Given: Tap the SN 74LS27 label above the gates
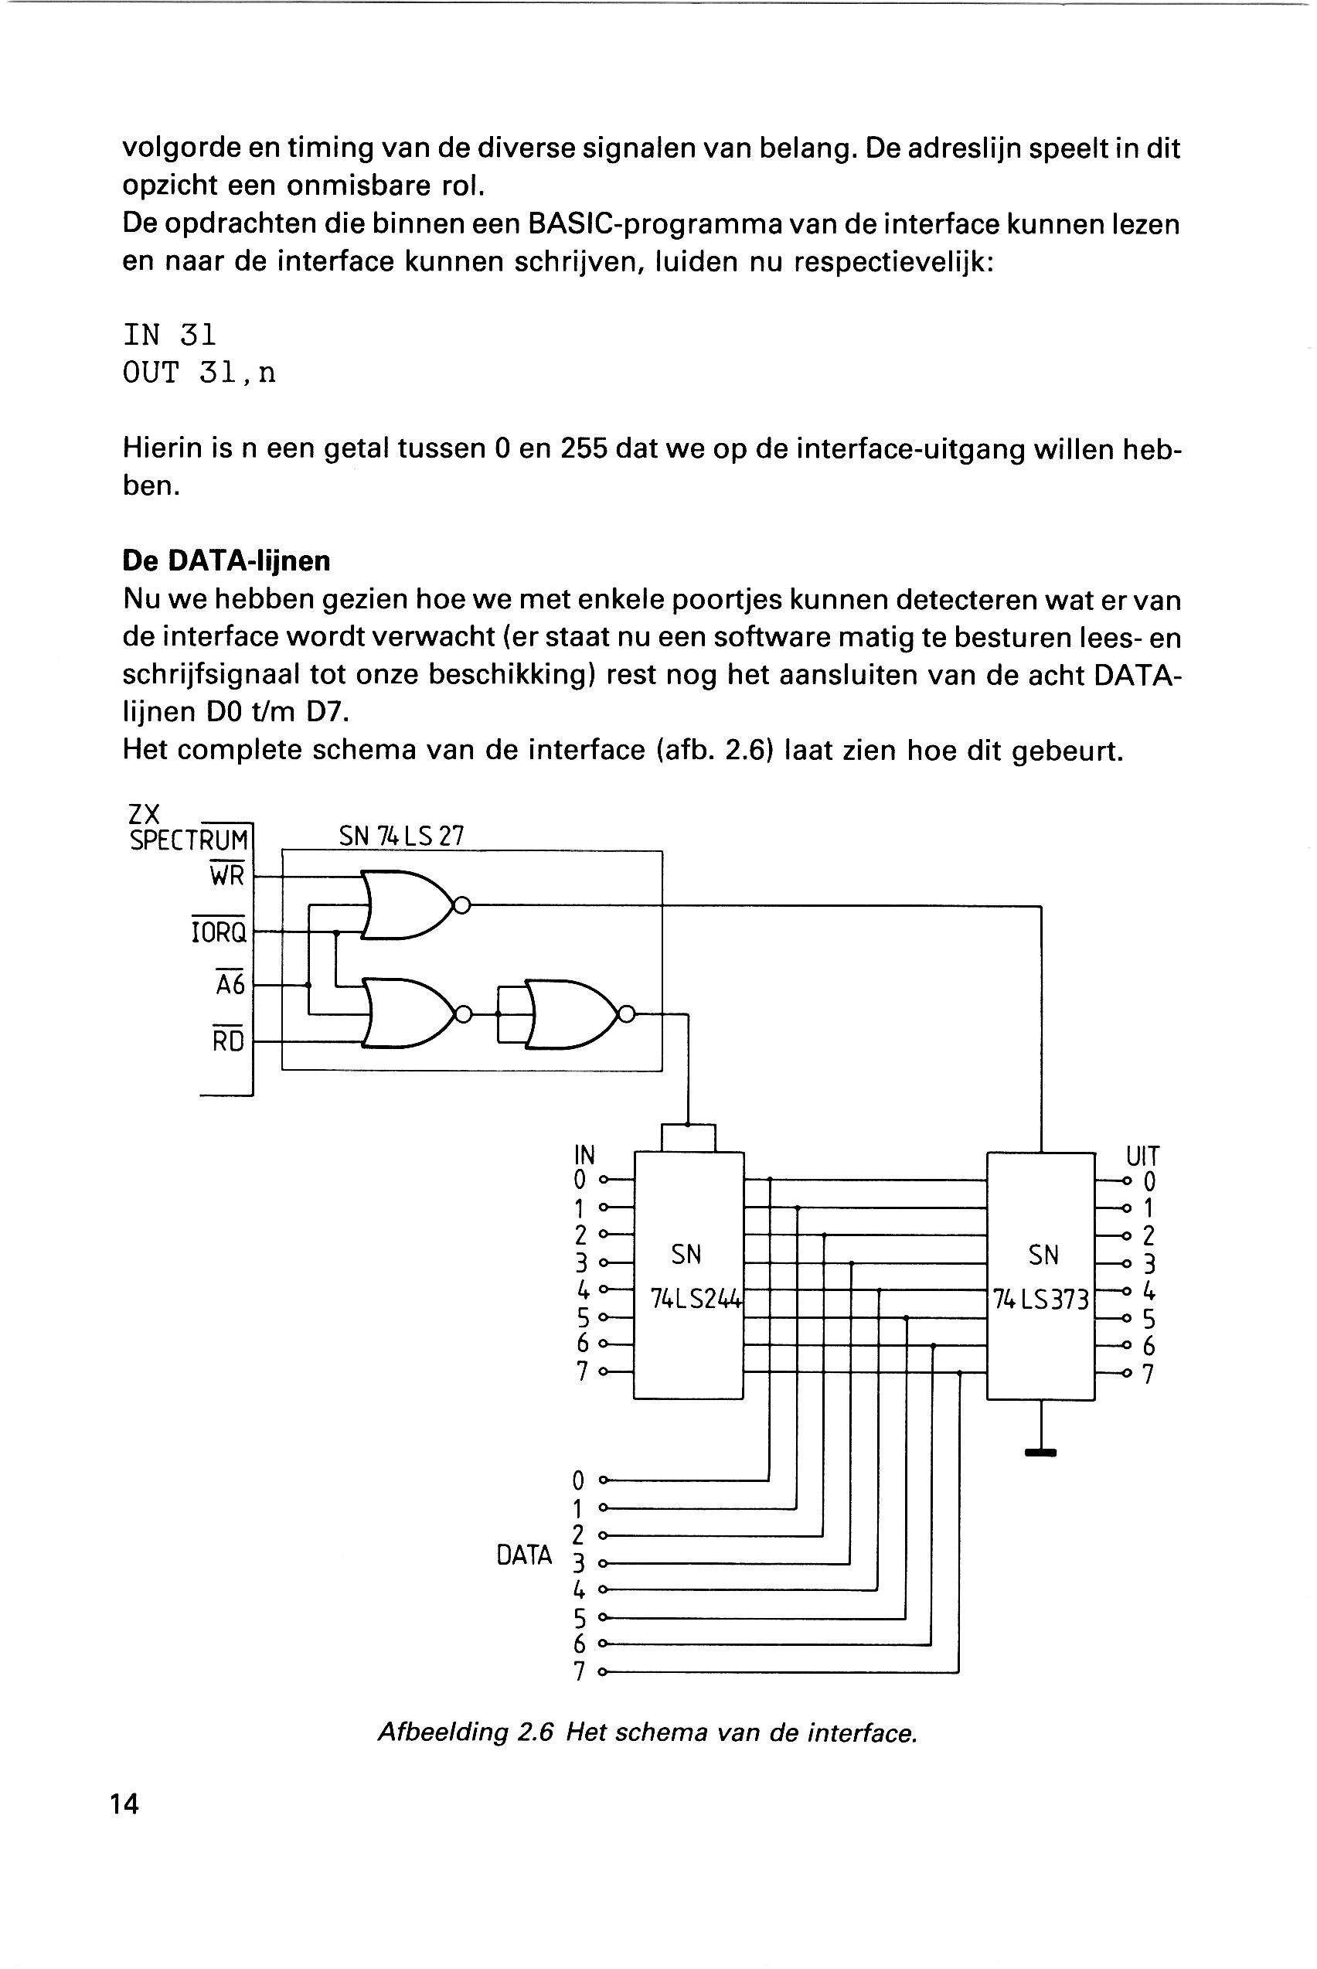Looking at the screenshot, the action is [x=401, y=836].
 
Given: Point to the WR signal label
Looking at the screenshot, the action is [x=226, y=875].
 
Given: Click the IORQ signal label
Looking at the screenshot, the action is [x=219, y=931].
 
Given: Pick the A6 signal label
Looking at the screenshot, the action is [x=230, y=983].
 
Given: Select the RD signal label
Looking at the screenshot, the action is [x=228, y=1040].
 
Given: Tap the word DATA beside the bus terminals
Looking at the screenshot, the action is [x=524, y=1555].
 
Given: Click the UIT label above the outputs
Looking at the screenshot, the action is [x=1142, y=1156].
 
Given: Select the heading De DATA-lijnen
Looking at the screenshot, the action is [x=226, y=560].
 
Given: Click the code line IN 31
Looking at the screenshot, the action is [x=170, y=336].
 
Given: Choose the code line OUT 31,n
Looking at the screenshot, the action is [x=199, y=373].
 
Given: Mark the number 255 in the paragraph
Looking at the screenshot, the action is [x=583, y=449].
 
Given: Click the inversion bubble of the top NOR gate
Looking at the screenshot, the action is [x=461, y=905].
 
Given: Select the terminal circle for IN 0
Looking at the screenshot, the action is [x=602, y=1180].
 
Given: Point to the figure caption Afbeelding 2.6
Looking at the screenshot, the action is [x=648, y=1732].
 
